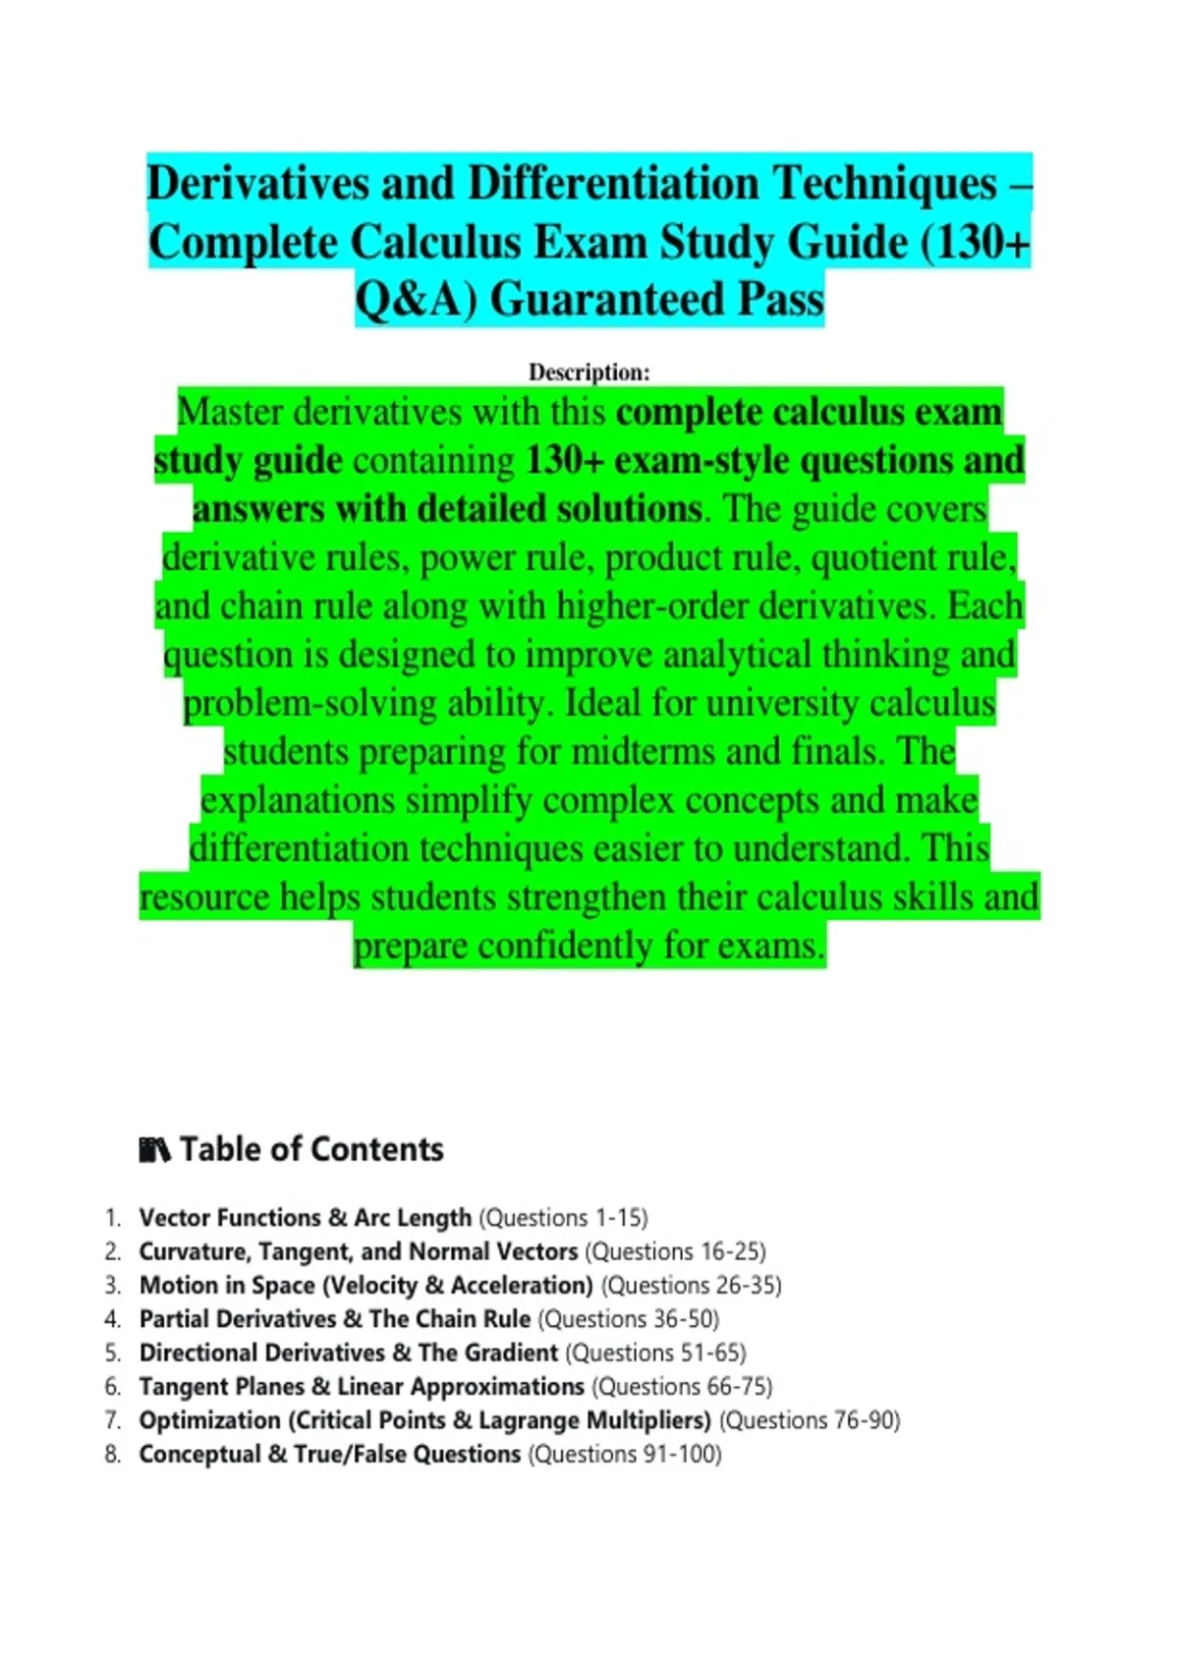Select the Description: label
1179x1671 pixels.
tap(589, 373)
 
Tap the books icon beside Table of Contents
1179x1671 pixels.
tap(154, 1149)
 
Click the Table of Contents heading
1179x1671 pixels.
tap(311, 1149)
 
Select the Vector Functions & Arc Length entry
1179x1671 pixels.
tap(306, 1218)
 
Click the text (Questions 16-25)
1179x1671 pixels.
tap(675, 1251)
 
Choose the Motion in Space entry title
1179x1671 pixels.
tap(365, 1286)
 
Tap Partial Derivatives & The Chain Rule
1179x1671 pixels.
tap(335, 1319)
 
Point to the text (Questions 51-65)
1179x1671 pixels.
tap(656, 1353)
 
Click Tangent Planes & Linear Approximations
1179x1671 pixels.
tap(362, 1387)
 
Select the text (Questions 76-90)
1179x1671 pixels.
tap(810, 1420)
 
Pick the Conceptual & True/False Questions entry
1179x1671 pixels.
tap(330, 1454)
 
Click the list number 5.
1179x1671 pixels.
tap(112, 1353)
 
